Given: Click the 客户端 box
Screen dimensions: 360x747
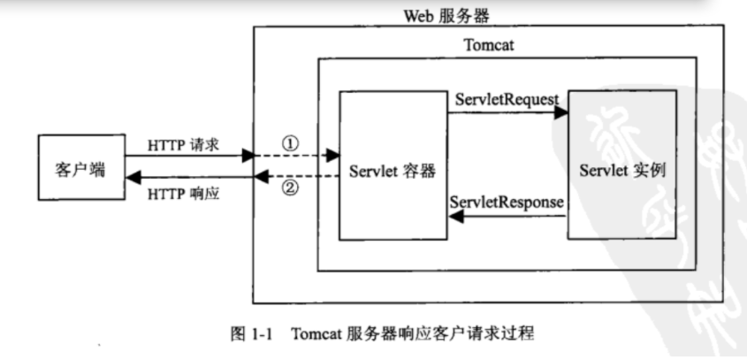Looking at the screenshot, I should coord(80,167).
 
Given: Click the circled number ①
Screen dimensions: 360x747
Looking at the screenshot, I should coord(291,142).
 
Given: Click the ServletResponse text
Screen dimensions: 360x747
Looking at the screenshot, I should coord(507,203).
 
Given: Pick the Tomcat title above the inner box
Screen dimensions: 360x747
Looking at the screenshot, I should coord(488,45).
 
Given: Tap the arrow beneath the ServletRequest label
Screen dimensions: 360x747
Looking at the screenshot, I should coord(506,113).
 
